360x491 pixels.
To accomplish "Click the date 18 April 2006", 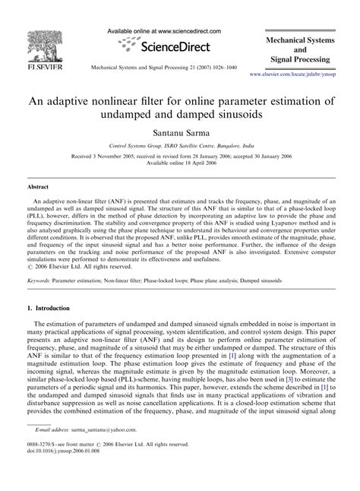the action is coord(198,169).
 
